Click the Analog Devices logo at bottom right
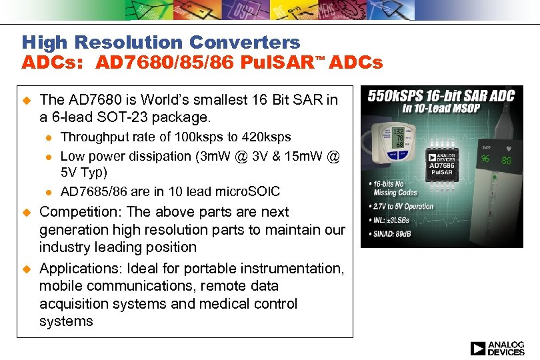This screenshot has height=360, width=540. [497, 348]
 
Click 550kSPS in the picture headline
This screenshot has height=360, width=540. [395, 96]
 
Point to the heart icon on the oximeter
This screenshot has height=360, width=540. [509, 148]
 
